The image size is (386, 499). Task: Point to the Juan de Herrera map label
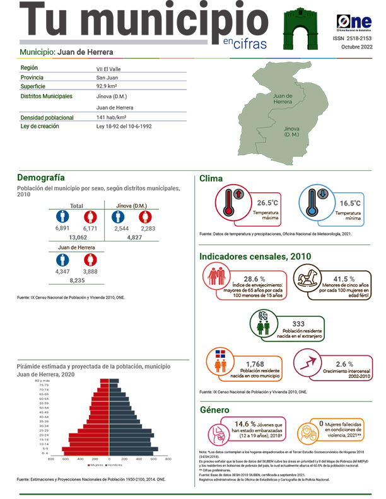coord(283,98)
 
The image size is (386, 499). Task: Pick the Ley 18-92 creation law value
coord(124,127)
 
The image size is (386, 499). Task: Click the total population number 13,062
coord(78,238)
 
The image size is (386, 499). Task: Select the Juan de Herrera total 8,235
coord(78,280)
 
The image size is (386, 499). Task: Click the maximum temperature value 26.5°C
coord(267,203)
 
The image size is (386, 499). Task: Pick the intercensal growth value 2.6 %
coord(344,364)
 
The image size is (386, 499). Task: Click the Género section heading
coord(214,410)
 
